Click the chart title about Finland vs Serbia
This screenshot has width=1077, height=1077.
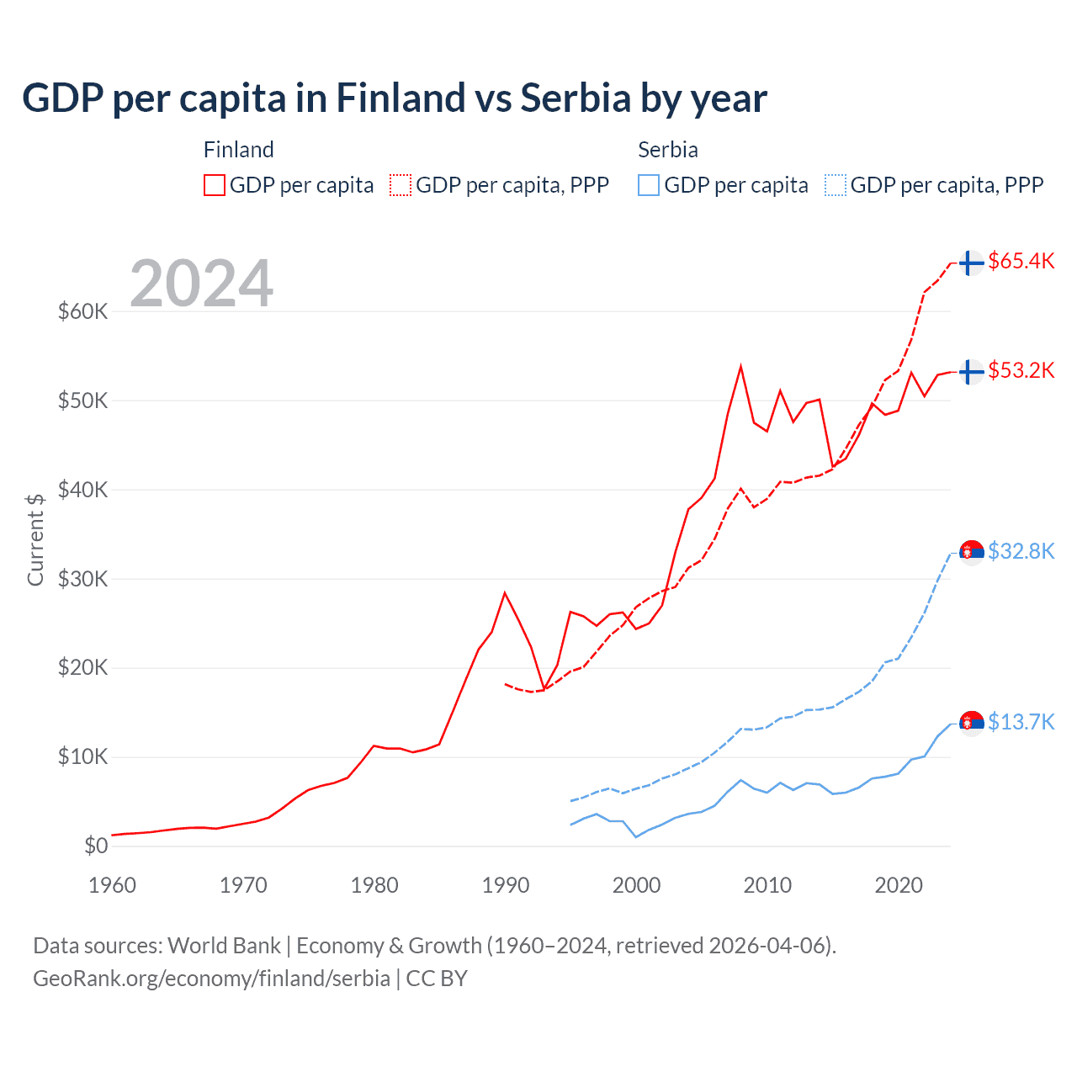tap(394, 98)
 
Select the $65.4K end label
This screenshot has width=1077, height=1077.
tap(1021, 262)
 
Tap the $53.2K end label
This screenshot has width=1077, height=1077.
tap(1021, 371)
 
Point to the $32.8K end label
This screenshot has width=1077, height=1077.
tap(1021, 551)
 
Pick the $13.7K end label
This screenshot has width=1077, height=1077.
tap(1021, 722)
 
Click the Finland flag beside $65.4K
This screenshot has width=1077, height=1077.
tap(971, 263)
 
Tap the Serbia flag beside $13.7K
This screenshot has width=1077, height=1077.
tap(972, 722)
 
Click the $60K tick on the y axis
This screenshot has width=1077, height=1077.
tap(83, 312)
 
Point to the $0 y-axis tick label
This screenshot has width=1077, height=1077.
tap(96, 846)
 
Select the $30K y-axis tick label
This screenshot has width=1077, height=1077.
tap(83, 579)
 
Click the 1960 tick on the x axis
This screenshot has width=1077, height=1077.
tap(112, 885)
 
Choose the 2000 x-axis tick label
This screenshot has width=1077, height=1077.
tap(636, 885)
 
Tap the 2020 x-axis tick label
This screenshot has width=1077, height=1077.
tap(899, 885)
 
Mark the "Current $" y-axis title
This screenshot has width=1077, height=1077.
tap(35, 539)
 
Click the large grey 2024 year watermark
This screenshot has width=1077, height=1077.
tap(202, 284)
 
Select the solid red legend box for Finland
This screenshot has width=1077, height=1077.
tap(215, 185)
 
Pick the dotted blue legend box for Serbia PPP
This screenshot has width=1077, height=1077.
tap(836, 185)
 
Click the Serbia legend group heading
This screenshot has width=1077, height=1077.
tap(668, 150)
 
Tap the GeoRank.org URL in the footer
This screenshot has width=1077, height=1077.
tap(211, 979)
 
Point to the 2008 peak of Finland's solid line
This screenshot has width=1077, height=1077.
tap(740, 366)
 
